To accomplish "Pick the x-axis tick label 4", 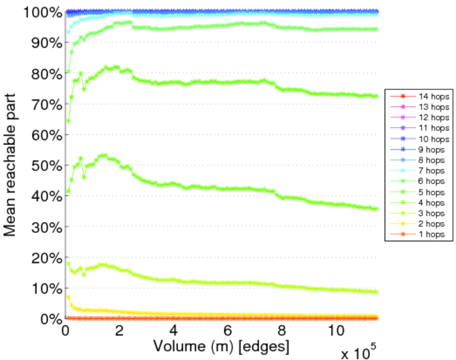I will [173, 331].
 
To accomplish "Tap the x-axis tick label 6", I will [228, 331].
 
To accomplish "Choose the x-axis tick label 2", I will [119, 331].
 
